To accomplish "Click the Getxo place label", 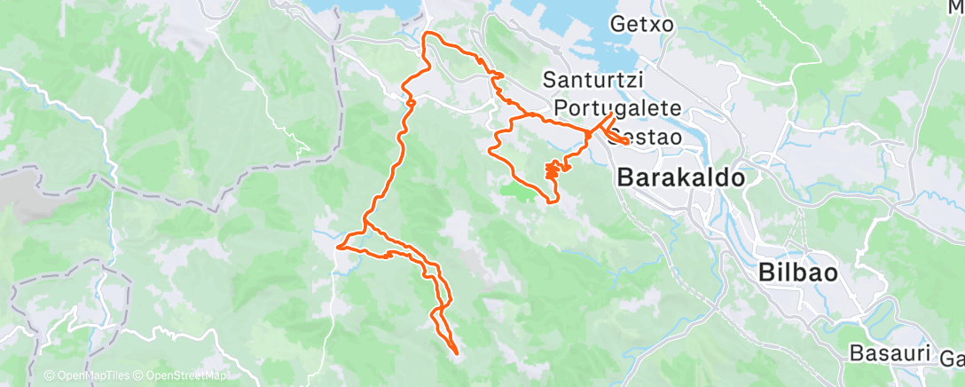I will pyautogui.click(x=643, y=25).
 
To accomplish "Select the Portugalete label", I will pyautogui.click(x=617, y=108).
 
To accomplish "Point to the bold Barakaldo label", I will pyautogui.click(x=679, y=178).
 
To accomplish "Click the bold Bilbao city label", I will pyautogui.click(x=798, y=273).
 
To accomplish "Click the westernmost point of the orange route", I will pyautogui.click(x=338, y=248).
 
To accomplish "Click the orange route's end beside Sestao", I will pyautogui.click(x=626, y=141).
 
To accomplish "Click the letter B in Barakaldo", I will pyautogui.click(x=624, y=178).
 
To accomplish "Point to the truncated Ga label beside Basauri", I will pyautogui.click(x=953, y=359).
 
